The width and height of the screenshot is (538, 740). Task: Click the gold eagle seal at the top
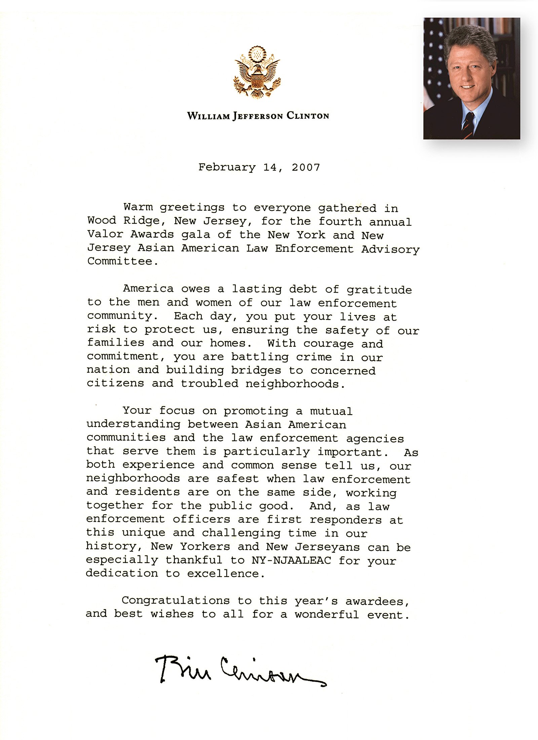coord(257,73)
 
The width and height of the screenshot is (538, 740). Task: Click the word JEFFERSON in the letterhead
coord(258,116)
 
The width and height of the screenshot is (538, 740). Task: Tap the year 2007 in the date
coord(306,167)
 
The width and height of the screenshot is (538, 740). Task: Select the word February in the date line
coord(227,167)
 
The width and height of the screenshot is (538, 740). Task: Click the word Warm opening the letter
coord(138,207)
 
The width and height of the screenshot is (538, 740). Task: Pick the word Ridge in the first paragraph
coord(142,221)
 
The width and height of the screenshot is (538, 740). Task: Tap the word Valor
coord(105,234)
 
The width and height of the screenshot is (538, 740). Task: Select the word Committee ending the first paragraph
coord(120,261)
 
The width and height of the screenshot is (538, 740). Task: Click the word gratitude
coord(379,290)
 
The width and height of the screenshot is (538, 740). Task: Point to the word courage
coord(329,344)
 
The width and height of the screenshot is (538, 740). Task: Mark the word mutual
coord(331,411)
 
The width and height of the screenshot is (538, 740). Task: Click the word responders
coord(346,520)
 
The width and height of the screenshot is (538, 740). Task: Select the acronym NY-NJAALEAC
coord(291,560)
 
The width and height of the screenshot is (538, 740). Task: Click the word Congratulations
coord(176,601)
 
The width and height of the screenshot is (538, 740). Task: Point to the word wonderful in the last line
coord(327,615)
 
